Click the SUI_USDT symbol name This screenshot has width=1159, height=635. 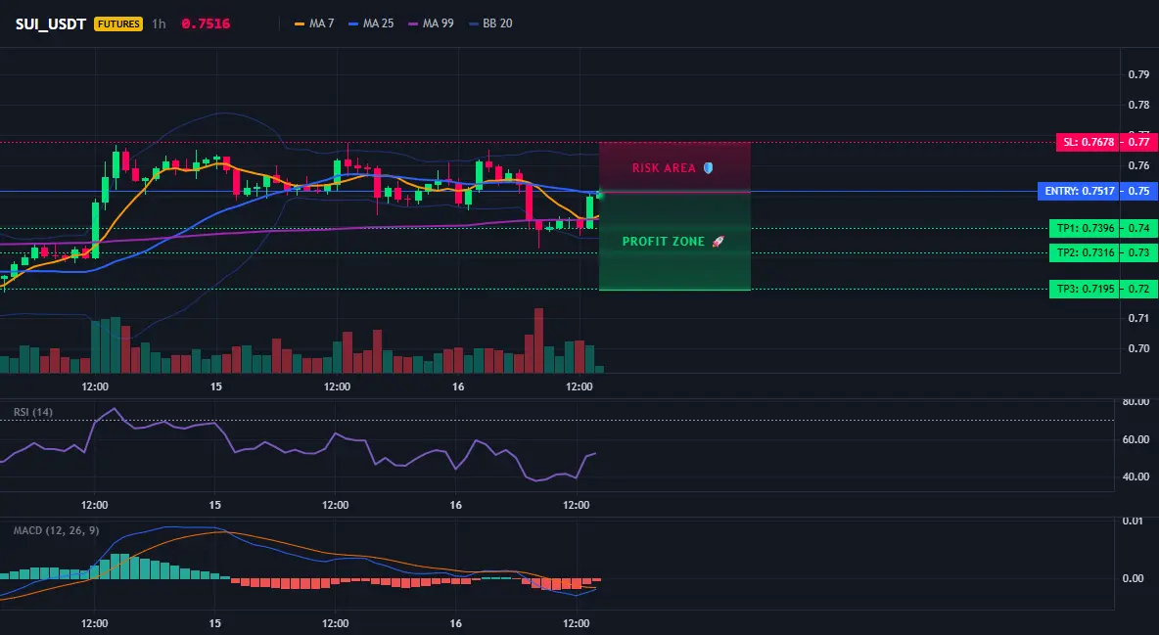coord(50,23)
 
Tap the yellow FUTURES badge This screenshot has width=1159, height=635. coord(118,23)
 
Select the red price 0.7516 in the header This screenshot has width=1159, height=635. coord(206,23)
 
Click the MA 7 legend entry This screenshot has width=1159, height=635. coord(314,23)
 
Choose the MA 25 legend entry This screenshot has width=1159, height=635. coord(371,23)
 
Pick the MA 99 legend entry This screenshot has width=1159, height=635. coord(431,23)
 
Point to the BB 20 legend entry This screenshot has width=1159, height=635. coord(490,23)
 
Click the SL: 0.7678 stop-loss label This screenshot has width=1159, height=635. coord(1088,142)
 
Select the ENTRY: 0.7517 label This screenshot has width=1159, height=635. coord(1079,192)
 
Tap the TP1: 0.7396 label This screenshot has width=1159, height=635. coord(1085,228)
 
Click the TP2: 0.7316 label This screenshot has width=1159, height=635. coord(1085,252)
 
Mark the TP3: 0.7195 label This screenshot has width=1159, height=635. coord(1085,289)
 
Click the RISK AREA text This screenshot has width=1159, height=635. coord(664,168)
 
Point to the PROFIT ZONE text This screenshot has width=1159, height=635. coord(664,241)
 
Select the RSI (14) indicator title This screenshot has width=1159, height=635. coord(33,412)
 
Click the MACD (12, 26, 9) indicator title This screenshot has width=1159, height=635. coord(56,530)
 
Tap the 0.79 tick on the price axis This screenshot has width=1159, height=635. coord(1139,74)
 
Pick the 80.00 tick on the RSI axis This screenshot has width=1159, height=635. coord(1136,402)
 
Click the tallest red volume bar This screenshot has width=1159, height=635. coord(538,340)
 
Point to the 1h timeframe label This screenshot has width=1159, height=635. coord(159,23)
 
